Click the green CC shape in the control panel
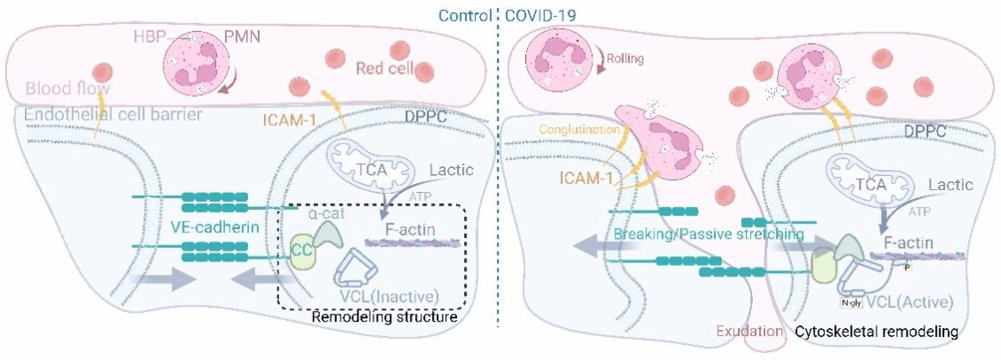(x=299, y=249)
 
